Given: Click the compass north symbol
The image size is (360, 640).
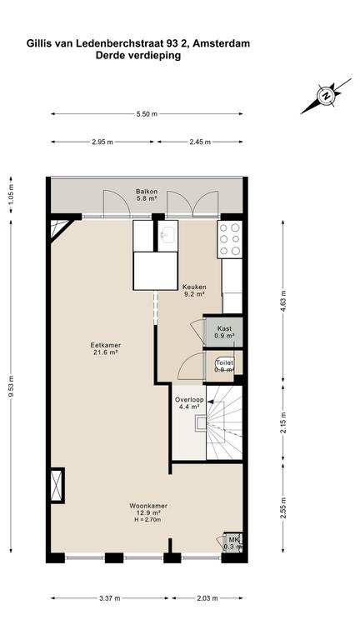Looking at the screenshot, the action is [326, 97].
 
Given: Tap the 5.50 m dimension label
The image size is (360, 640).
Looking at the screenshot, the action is [147, 114].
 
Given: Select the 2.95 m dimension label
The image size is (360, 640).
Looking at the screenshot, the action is [102, 142].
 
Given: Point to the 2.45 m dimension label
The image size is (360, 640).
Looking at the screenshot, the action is [200, 142].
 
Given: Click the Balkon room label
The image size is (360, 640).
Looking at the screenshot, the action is [147, 192].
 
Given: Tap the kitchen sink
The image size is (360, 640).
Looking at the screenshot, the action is [167, 236].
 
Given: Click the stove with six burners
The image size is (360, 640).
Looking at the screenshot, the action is [230, 239].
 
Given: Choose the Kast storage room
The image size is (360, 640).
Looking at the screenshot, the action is [224, 332].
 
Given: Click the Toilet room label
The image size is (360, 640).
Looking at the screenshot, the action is [225, 362].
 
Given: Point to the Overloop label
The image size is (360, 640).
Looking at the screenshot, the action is [189, 400].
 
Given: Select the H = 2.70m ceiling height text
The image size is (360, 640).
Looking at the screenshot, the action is [147, 520].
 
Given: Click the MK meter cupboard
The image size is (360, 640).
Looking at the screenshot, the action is [233, 542].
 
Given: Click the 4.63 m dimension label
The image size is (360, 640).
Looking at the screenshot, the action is [282, 300].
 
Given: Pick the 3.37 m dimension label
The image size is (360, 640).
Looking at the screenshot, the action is [110, 598].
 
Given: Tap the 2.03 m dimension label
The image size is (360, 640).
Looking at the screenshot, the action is [207, 598].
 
